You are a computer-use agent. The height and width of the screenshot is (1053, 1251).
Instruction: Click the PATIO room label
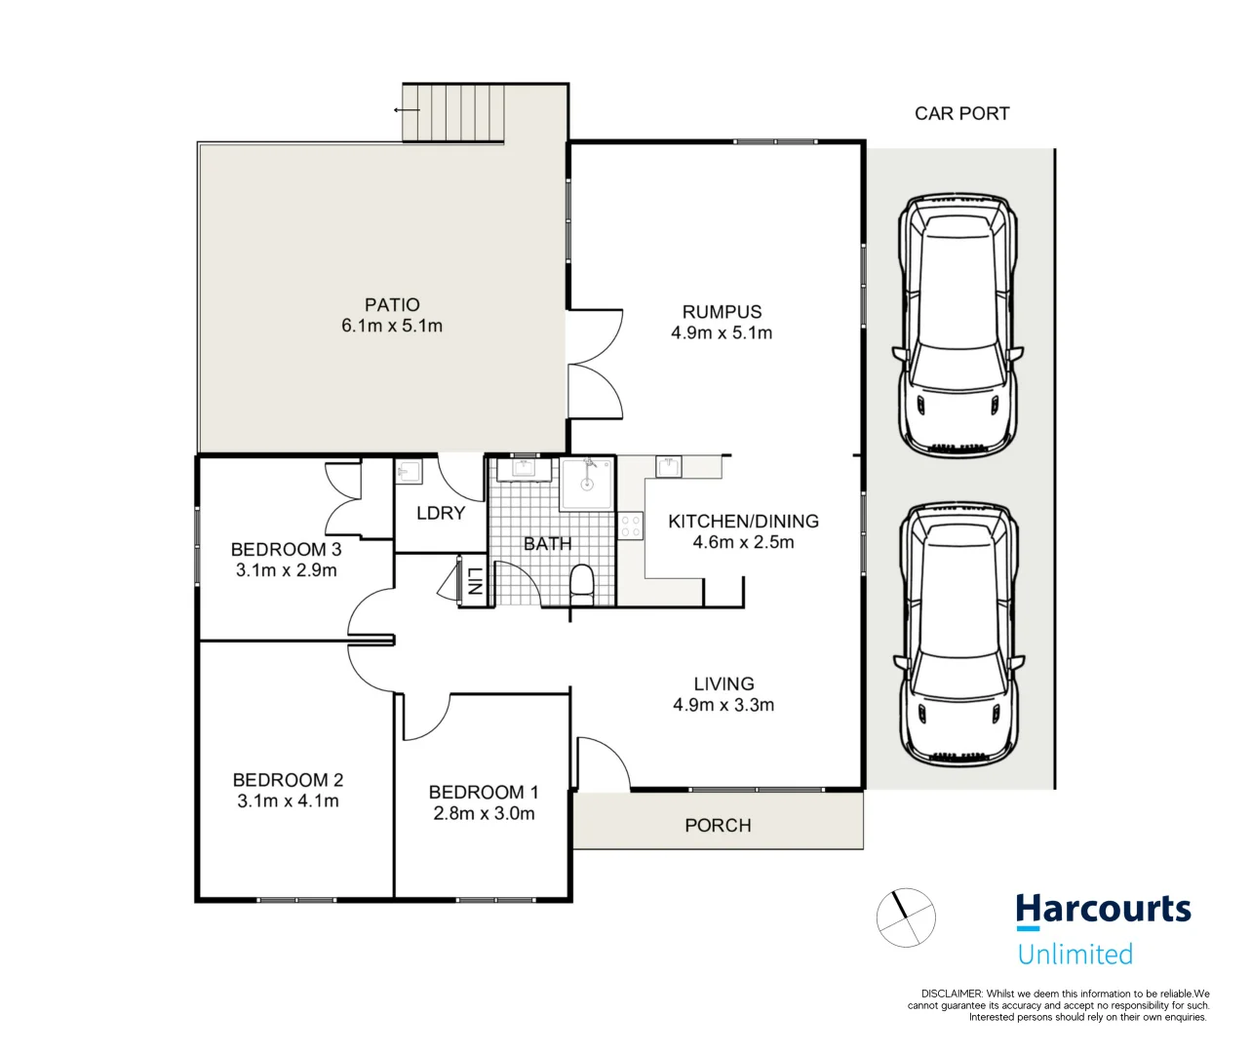[x=392, y=304]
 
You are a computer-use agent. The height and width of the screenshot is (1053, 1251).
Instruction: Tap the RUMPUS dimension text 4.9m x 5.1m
[x=722, y=333]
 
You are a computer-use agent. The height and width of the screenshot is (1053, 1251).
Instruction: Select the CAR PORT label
[x=961, y=113]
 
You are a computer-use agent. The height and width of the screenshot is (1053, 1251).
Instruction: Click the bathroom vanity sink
[x=525, y=469]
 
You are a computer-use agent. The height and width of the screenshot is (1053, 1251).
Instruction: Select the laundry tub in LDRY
[x=409, y=473]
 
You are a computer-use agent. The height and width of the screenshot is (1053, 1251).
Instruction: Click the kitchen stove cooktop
[x=631, y=526]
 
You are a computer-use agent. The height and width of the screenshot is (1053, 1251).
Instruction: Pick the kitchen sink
[x=670, y=467]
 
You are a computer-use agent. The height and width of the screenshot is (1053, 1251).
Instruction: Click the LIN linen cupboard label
[x=474, y=582]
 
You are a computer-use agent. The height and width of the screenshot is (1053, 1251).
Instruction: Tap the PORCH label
[x=718, y=826]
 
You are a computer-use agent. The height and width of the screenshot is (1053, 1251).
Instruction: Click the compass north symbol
[x=906, y=917]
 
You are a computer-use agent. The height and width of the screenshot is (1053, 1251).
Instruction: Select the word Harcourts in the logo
[x=1103, y=910]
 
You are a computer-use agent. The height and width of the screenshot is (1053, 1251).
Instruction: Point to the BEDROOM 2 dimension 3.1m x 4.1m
[x=288, y=801]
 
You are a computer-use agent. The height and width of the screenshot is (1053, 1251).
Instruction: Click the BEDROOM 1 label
[x=484, y=793]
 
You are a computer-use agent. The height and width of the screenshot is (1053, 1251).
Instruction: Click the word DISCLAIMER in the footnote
[x=951, y=994]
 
